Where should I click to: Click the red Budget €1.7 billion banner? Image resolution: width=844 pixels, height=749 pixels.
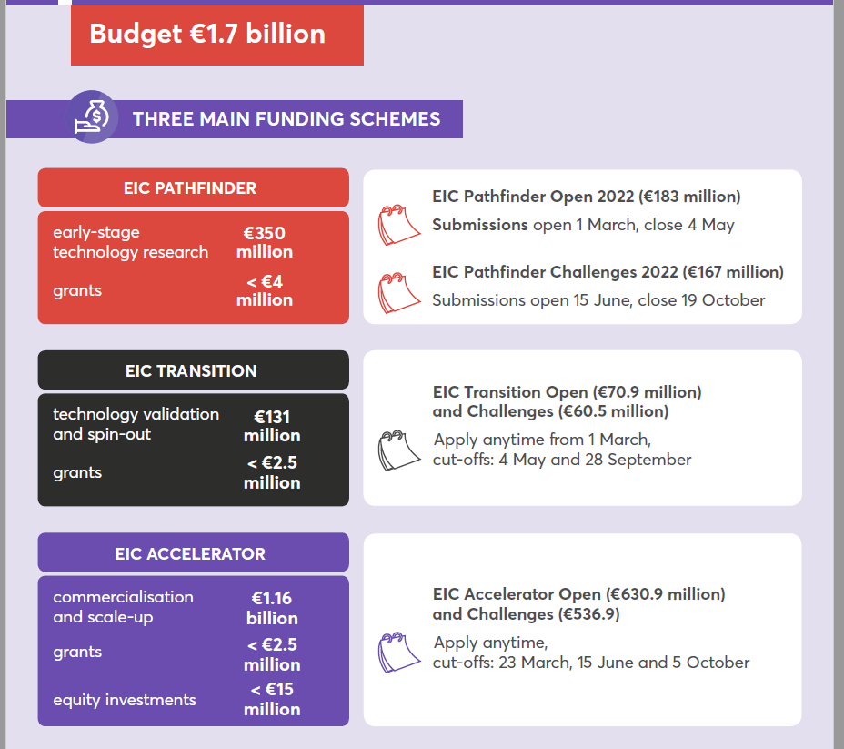[x=216, y=35]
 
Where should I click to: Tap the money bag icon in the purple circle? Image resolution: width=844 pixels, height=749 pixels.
[x=92, y=117]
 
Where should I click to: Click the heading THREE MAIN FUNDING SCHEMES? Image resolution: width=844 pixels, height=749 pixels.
[x=286, y=119]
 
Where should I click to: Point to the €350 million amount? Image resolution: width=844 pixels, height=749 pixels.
[x=264, y=242]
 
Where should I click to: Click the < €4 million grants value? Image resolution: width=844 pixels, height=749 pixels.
[x=264, y=290]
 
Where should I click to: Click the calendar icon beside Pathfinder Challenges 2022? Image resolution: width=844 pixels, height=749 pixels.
[x=398, y=292]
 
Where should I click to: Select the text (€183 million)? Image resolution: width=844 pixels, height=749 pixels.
[x=689, y=197]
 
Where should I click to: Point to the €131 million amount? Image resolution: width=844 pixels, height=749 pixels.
[x=271, y=426]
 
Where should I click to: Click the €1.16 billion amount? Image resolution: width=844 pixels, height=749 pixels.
[x=271, y=608]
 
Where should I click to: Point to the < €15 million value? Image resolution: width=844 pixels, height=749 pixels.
[x=271, y=699]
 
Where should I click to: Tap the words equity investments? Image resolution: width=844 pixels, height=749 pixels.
[x=125, y=700]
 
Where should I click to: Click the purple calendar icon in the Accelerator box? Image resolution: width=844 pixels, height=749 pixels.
[x=398, y=652]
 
